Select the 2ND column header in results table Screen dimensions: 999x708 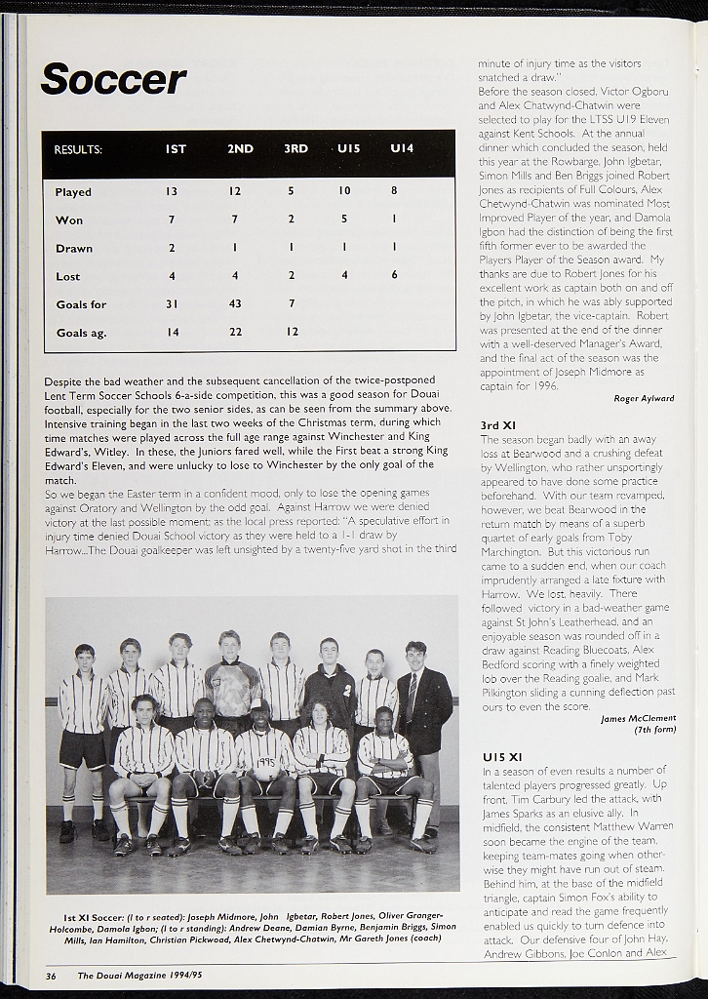click(x=240, y=149)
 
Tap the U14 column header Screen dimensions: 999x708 click(x=402, y=149)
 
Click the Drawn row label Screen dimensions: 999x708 click(x=74, y=249)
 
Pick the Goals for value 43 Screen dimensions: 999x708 click(x=234, y=304)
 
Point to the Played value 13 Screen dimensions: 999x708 click(x=172, y=192)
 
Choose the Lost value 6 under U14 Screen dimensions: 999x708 click(x=394, y=276)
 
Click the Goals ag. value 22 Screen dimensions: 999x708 click(x=234, y=333)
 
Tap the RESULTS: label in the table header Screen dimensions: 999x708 click(x=78, y=150)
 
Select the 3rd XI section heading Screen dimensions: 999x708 click(x=498, y=425)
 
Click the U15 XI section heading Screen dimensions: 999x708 click(x=502, y=757)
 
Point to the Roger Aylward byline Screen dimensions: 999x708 click(x=644, y=399)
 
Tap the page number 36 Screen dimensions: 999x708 click(x=51, y=975)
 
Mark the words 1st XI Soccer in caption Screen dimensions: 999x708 click(x=95, y=918)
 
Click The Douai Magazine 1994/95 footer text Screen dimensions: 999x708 click(x=140, y=975)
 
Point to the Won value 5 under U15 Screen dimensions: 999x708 click(x=344, y=220)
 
